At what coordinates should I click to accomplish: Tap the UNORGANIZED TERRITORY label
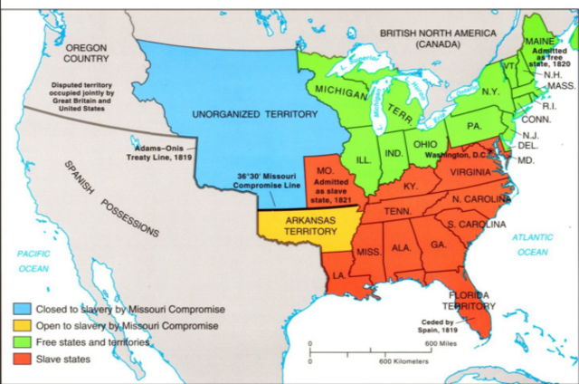242,114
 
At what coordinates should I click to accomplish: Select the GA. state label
438,245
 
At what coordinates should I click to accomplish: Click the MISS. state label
368,251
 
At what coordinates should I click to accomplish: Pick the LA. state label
338,274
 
